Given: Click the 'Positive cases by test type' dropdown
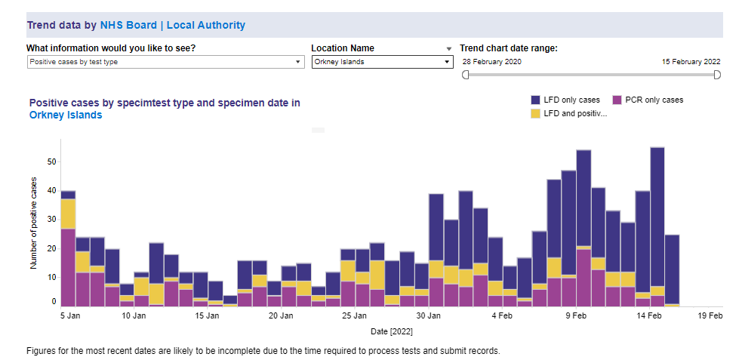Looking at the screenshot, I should [165, 62].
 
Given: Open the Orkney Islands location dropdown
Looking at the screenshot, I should [381, 62].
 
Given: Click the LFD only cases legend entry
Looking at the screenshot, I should [565, 100].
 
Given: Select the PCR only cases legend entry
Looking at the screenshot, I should [647, 100].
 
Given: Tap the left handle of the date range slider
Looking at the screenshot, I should [465, 75].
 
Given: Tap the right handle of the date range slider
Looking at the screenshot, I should [717, 75].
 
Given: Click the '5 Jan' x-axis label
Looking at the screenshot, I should [69, 315].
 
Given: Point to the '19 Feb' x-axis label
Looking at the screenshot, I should [710, 315].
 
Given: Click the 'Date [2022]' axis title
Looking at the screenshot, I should [391, 331].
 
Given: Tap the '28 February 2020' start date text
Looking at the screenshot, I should [491, 62].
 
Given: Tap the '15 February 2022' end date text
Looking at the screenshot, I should [691, 62].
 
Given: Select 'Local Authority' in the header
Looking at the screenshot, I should [205, 25].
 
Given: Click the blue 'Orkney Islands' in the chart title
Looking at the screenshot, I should [65, 115].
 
